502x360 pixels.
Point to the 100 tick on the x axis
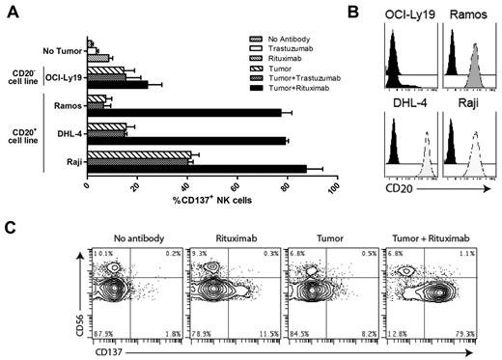(x=334, y=185)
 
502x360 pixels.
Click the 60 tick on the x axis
(x=235, y=185)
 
